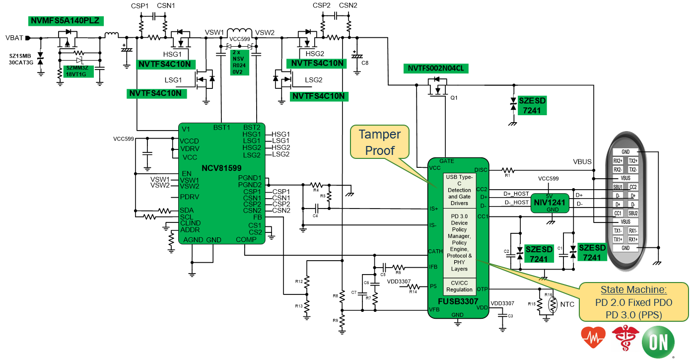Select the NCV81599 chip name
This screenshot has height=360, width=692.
[x=222, y=168]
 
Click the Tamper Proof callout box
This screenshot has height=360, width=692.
[x=380, y=143]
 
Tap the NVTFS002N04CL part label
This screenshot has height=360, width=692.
[x=436, y=68]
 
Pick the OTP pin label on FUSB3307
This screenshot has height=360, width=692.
[x=482, y=289]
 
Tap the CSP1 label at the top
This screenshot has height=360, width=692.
[x=139, y=5]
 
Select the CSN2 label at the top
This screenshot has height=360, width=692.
[x=348, y=5]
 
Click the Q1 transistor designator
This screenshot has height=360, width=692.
[x=454, y=98]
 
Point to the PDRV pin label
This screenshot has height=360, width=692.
[x=190, y=197]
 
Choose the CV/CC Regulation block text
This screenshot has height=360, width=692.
[x=459, y=286]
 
